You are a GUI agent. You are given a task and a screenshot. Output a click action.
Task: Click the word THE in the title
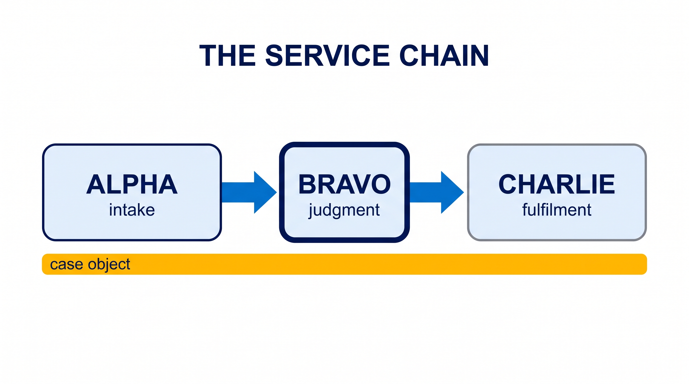coord(228,55)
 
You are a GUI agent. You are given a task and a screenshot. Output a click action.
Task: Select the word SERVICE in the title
coord(327,55)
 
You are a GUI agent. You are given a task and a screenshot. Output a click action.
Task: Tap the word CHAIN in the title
coord(444,55)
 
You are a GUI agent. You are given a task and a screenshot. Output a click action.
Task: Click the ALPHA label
coord(132,184)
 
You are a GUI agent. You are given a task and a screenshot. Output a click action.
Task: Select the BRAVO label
coord(344,184)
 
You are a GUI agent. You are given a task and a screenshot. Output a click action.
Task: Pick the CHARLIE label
coord(557,184)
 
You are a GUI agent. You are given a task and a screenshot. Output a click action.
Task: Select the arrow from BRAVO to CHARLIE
coord(437,192)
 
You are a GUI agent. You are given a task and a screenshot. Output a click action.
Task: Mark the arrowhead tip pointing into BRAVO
coord(277,192)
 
